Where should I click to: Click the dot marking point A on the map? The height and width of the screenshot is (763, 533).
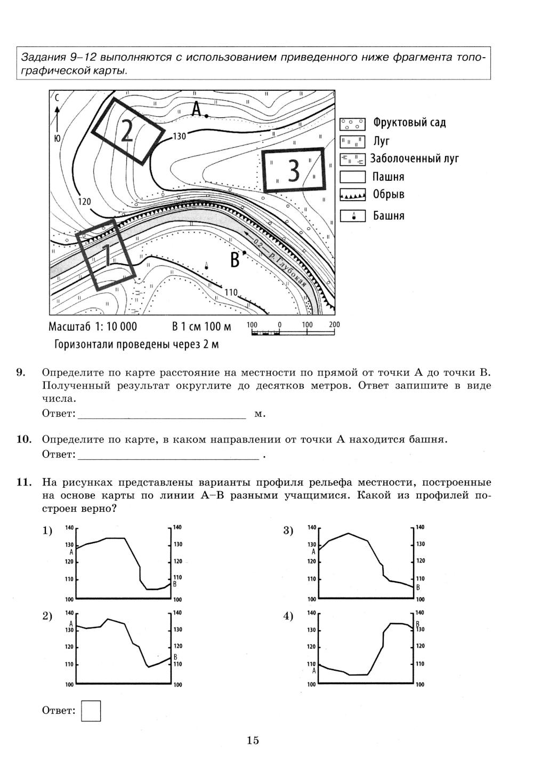[x=206, y=115]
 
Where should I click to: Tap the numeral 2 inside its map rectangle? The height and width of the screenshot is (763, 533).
[x=126, y=130]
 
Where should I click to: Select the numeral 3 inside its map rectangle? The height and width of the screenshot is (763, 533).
[x=294, y=171]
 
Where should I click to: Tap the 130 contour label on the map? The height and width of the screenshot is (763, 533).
[x=180, y=137]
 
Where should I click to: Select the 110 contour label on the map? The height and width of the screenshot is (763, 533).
[x=231, y=292]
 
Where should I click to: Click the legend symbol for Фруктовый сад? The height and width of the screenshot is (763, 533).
[x=352, y=124]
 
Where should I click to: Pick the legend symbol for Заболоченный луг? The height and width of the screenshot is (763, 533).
[x=352, y=159]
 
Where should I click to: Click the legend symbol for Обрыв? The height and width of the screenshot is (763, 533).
[x=352, y=195]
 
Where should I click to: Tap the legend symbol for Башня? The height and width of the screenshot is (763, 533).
[x=352, y=216]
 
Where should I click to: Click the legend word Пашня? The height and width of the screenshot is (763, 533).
[x=388, y=177]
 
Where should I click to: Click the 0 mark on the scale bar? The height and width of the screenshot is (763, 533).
[x=279, y=325]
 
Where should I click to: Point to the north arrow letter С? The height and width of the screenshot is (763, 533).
[x=56, y=98]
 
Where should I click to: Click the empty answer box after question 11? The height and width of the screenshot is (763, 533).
[x=91, y=711]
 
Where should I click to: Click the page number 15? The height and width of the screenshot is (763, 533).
[x=253, y=740]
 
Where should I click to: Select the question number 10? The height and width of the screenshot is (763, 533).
[x=24, y=440]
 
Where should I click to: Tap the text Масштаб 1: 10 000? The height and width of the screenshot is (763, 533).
[x=93, y=327]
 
